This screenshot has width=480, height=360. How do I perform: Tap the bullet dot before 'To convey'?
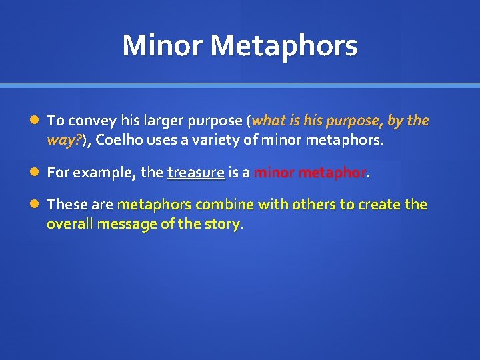[x=34, y=121]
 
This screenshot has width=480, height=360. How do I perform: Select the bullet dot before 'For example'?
[x=34, y=173]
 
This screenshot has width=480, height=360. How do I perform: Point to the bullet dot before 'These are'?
[x=34, y=205]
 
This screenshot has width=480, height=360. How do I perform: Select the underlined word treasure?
[x=195, y=173]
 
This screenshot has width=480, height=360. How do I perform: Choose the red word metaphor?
[x=331, y=173]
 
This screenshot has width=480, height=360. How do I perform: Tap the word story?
[x=223, y=223]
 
